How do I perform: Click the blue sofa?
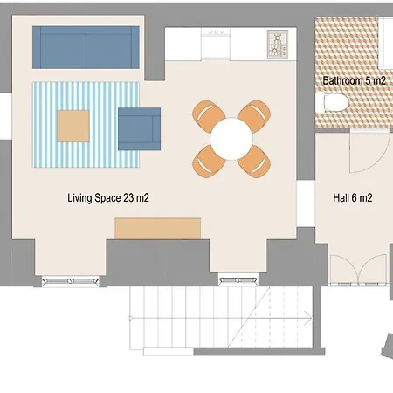(86, 46)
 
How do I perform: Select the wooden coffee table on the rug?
(74, 127)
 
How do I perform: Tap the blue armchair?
(139, 128)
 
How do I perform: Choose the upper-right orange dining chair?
(255, 114)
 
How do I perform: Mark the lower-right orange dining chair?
(255, 158)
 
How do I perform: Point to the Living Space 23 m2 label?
(107, 198)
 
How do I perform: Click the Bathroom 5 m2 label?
(354, 79)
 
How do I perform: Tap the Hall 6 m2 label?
(353, 198)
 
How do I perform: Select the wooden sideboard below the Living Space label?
(158, 228)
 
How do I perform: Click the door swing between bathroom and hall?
(365, 150)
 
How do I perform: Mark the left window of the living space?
(70, 280)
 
